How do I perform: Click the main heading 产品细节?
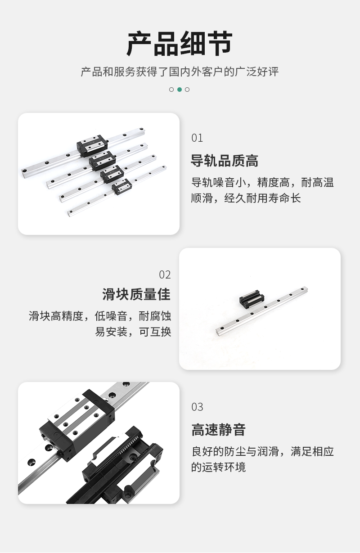[180, 44]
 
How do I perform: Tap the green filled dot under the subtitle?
[180, 90]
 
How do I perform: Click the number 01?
[197, 138]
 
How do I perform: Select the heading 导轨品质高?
[225, 161]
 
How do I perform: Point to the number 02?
[165, 274]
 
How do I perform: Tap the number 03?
[197, 407]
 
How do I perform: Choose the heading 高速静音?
[218, 430]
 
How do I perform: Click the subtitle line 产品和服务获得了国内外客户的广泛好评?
[180, 72]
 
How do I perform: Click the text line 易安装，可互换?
[133, 332]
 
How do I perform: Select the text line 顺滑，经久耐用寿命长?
[246, 198]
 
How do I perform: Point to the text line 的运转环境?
[218, 467]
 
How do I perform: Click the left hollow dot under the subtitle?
[171, 90]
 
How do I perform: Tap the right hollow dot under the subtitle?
[187, 90]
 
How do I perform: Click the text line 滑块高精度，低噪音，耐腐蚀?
[100, 316]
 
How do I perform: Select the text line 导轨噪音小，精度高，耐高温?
[262, 182]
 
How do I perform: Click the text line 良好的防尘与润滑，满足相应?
[262, 452]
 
